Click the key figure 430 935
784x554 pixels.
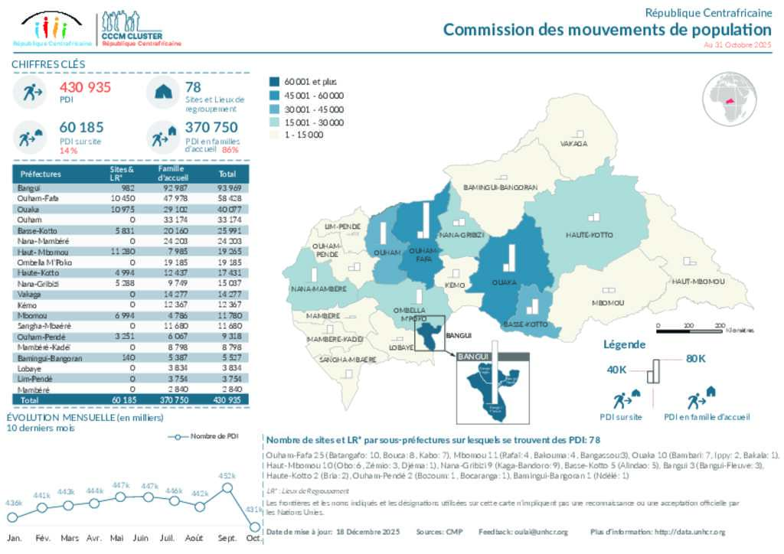(x=85, y=87)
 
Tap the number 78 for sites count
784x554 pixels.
(x=193, y=87)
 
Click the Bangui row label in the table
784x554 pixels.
(x=27, y=187)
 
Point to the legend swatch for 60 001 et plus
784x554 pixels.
(x=275, y=81)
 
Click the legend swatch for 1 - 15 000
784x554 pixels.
(x=275, y=135)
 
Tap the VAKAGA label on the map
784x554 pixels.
(x=573, y=143)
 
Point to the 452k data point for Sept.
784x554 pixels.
(x=227, y=487)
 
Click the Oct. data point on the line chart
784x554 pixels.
(x=254, y=525)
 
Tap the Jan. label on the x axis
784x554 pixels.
(x=14, y=538)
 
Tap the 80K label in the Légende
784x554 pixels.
(x=695, y=358)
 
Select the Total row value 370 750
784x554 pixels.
(x=171, y=399)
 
